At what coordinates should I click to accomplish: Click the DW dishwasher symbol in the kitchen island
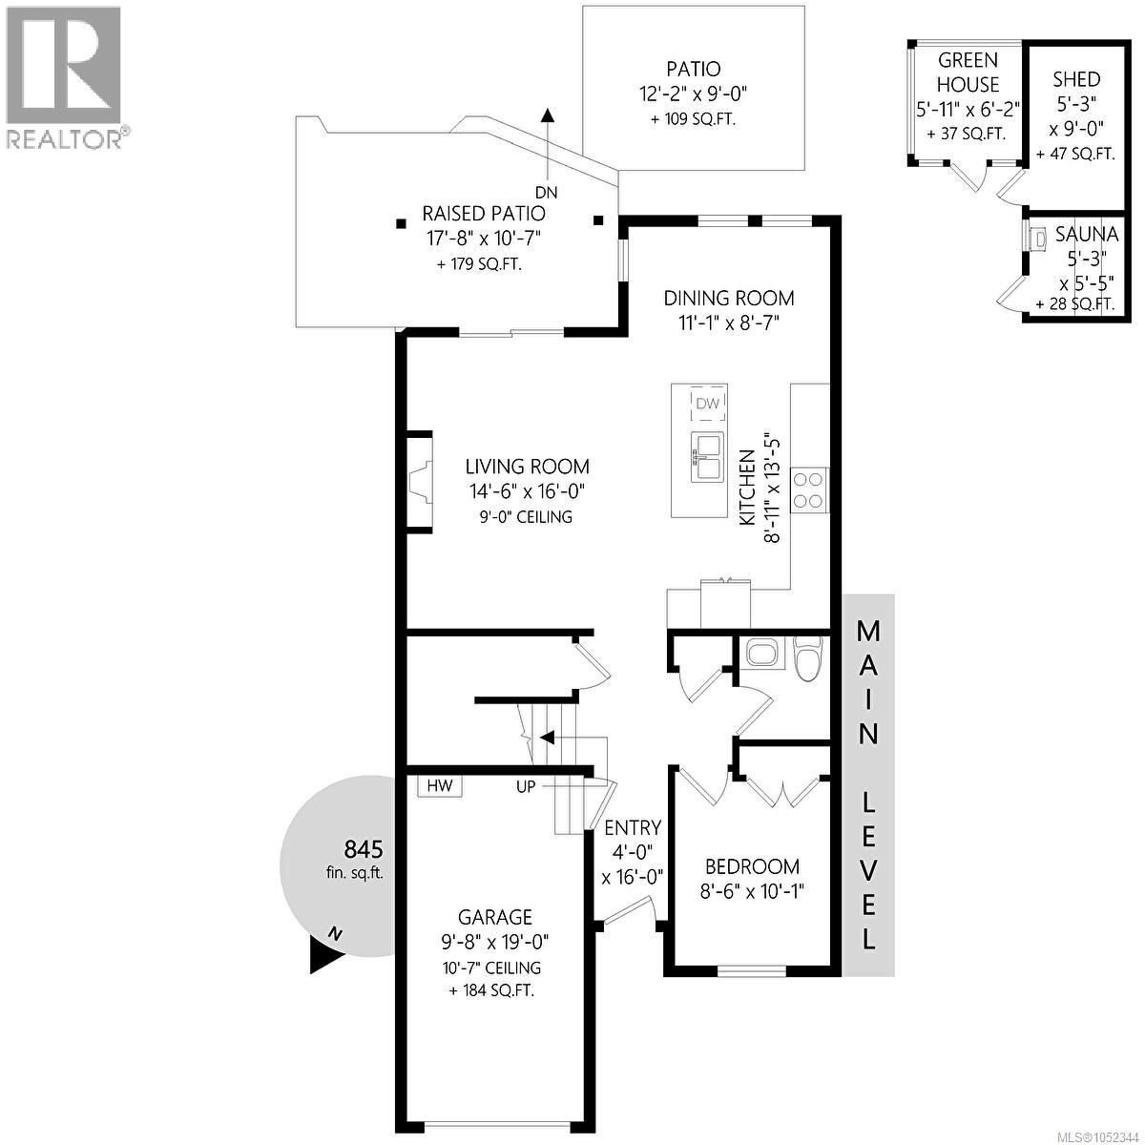click(x=708, y=404)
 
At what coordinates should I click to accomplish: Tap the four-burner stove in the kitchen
click(x=809, y=490)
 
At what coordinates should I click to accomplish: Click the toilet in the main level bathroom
click(x=809, y=657)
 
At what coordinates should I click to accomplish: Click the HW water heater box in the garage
click(x=440, y=785)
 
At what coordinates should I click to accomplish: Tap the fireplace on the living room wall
click(x=420, y=479)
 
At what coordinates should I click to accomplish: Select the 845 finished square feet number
click(x=364, y=850)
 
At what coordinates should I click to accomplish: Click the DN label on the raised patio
click(x=547, y=192)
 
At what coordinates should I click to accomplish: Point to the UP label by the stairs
click(x=526, y=786)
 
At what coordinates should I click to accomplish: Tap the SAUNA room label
click(x=1086, y=235)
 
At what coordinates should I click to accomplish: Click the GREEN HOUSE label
click(x=968, y=73)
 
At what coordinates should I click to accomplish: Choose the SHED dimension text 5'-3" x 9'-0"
click(x=1076, y=116)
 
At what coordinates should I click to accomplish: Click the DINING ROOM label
click(x=728, y=298)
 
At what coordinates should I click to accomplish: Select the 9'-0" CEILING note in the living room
click(x=527, y=517)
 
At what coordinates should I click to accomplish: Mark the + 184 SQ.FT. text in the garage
click(x=491, y=990)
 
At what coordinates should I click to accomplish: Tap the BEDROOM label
click(x=752, y=866)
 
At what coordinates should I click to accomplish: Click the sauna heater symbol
click(x=1037, y=239)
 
